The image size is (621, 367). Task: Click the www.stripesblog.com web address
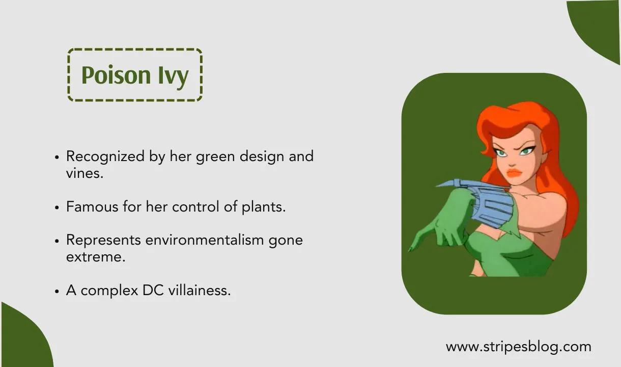[x=518, y=347]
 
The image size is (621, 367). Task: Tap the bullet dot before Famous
[x=58, y=208]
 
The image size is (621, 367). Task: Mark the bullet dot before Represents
[x=58, y=240]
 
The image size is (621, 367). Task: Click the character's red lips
[x=515, y=172]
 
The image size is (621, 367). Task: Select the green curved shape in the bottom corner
[x=20, y=342]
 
